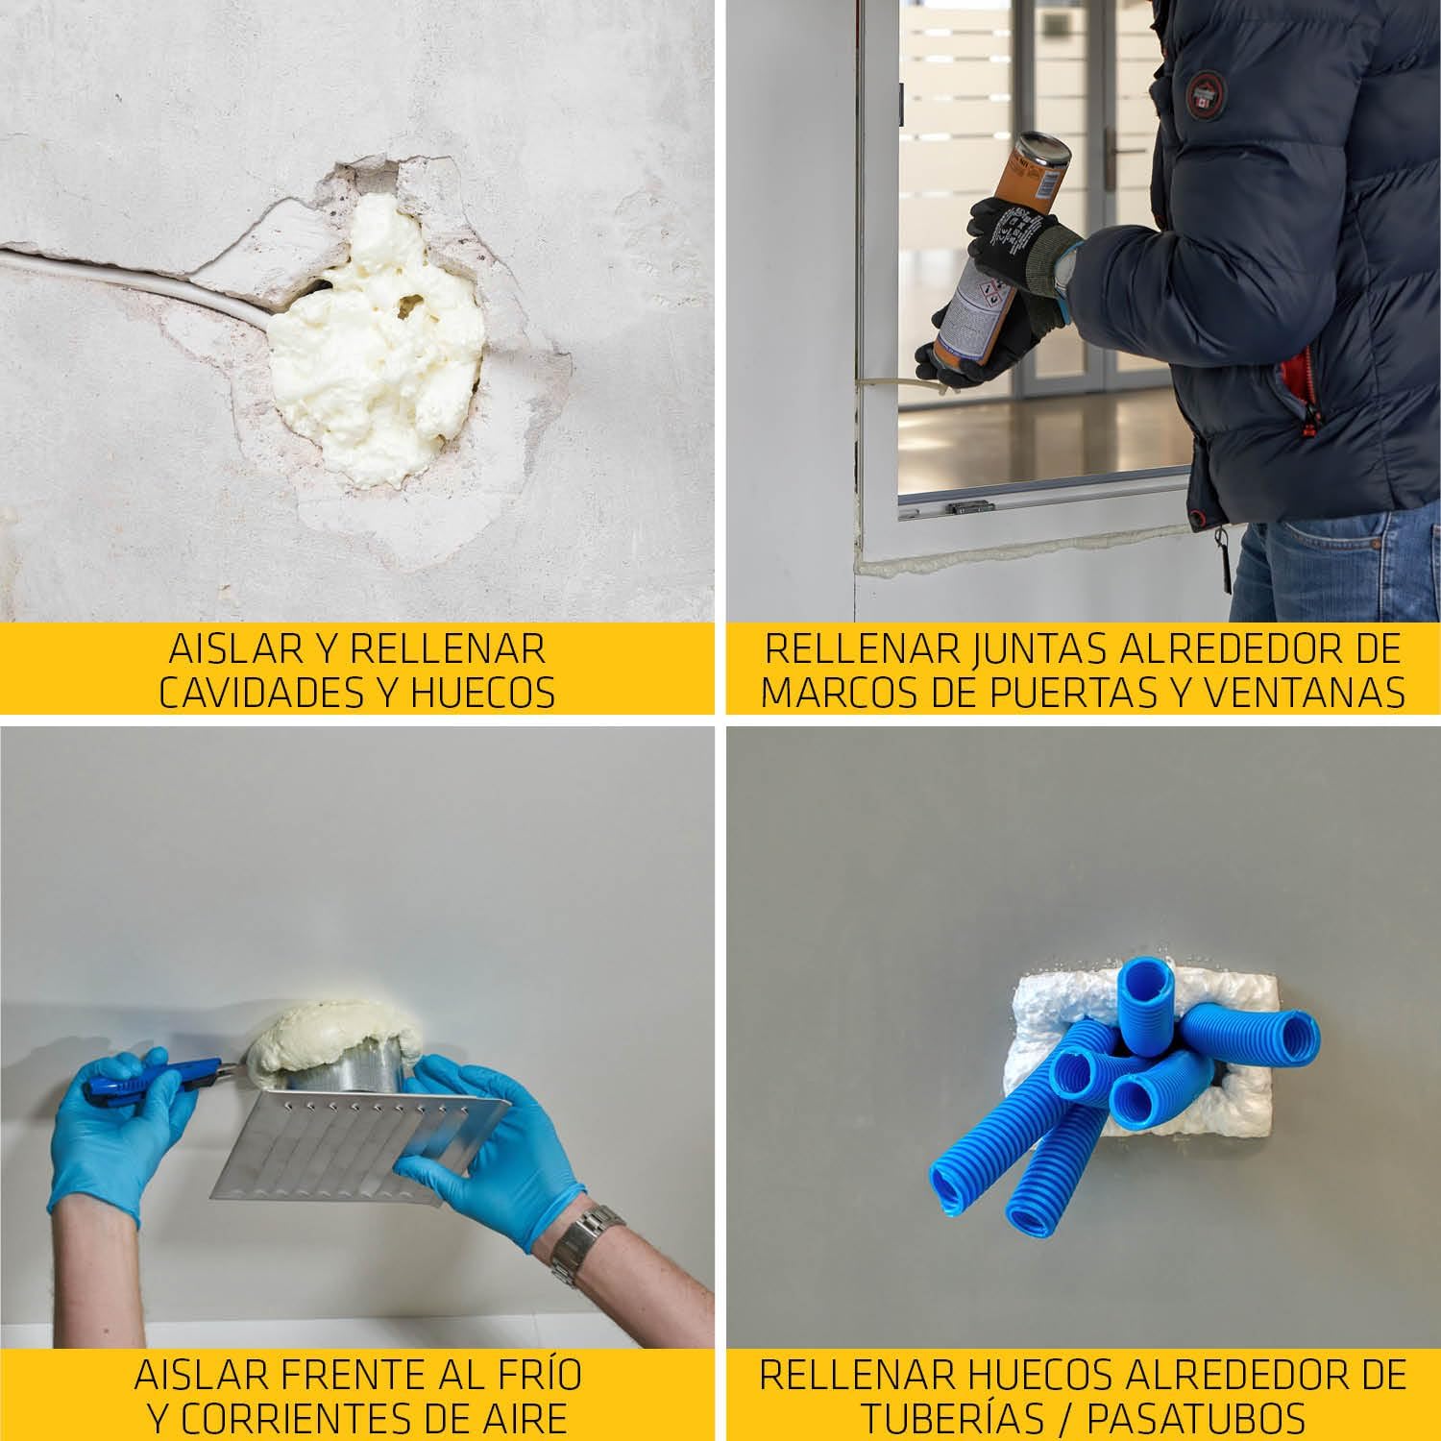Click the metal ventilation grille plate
coord(360,1143)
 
